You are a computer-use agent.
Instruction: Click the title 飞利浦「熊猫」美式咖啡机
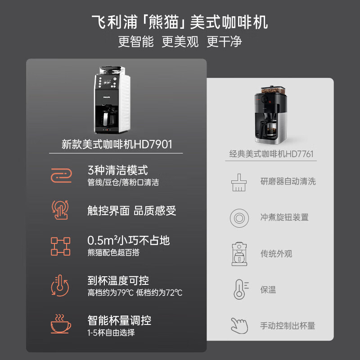pos(180,22)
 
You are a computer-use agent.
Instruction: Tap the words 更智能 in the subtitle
pos(136,42)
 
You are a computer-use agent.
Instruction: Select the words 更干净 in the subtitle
pos(224,42)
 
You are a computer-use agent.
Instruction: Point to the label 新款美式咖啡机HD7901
pos(117,144)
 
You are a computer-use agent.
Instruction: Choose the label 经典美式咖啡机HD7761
pos(271,154)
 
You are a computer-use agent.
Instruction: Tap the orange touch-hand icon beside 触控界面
pos(61,210)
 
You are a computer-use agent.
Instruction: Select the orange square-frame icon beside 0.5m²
pos(61,246)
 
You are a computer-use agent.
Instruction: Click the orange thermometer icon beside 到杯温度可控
pos(61,286)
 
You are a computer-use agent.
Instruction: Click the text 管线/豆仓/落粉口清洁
pos(123,183)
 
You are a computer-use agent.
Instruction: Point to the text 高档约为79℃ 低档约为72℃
pos(135,293)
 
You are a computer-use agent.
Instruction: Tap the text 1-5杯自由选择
pos(111,333)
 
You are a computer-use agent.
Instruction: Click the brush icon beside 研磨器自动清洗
pos(238,182)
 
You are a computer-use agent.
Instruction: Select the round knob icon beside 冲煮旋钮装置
pos(239,218)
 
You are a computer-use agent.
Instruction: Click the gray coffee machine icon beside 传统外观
pos(239,254)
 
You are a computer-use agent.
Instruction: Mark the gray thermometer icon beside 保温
pos(239,289)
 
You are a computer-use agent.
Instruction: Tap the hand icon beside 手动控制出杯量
pos(239,325)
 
